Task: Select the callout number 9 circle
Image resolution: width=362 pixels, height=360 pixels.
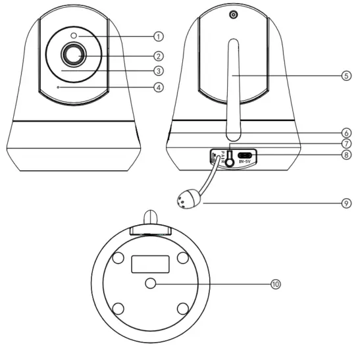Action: tap(346, 203)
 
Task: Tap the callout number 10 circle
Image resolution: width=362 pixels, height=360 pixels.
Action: tap(275, 283)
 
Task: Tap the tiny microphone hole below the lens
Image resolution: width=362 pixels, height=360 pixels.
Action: tap(58, 86)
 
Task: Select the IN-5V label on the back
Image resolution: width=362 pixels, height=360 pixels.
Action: tap(246, 160)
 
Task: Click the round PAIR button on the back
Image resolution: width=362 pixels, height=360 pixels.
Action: tap(230, 155)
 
